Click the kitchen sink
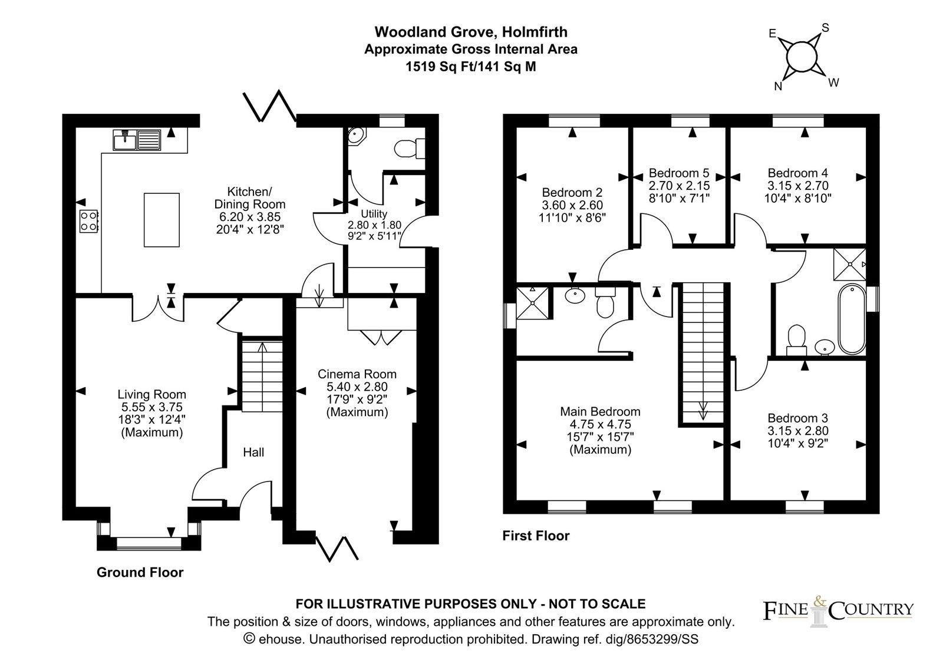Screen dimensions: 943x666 (x=137, y=140)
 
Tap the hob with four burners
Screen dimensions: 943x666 (x=89, y=221)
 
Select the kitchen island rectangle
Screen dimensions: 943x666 (x=161, y=220)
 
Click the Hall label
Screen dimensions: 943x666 (x=253, y=452)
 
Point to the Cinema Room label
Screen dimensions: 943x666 (x=357, y=374)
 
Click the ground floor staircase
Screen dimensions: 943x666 (x=262, y=377)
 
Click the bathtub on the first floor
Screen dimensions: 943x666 (x=852, y=319)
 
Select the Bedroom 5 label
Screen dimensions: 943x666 (x=679, y=173)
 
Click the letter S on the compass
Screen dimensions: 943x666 (x=825, y=28)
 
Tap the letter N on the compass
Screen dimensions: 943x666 (x=778, y=86)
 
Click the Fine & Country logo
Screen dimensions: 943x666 (x=839, y=611)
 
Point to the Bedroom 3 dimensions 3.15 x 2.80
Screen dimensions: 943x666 (x=798, y=431)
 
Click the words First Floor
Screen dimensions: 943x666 (x=536, y=536)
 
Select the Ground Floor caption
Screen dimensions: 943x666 (x=140, y=572)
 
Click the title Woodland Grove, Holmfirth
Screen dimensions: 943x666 (x=471, y=32)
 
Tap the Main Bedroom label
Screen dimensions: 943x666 (x=600, y=411)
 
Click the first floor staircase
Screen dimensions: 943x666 (x=703, y=353)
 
